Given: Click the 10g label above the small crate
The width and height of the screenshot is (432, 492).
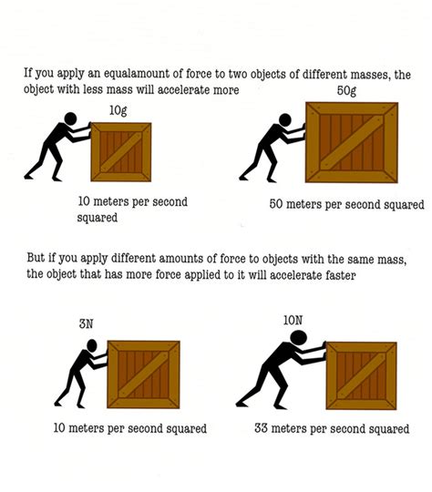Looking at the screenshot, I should coord(118,110).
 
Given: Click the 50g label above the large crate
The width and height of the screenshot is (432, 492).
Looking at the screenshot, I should coord(345,92).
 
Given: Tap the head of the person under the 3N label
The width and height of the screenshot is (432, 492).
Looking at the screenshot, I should coord(89,347).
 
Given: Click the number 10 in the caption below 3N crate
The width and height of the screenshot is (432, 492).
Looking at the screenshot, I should coord(62,428).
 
